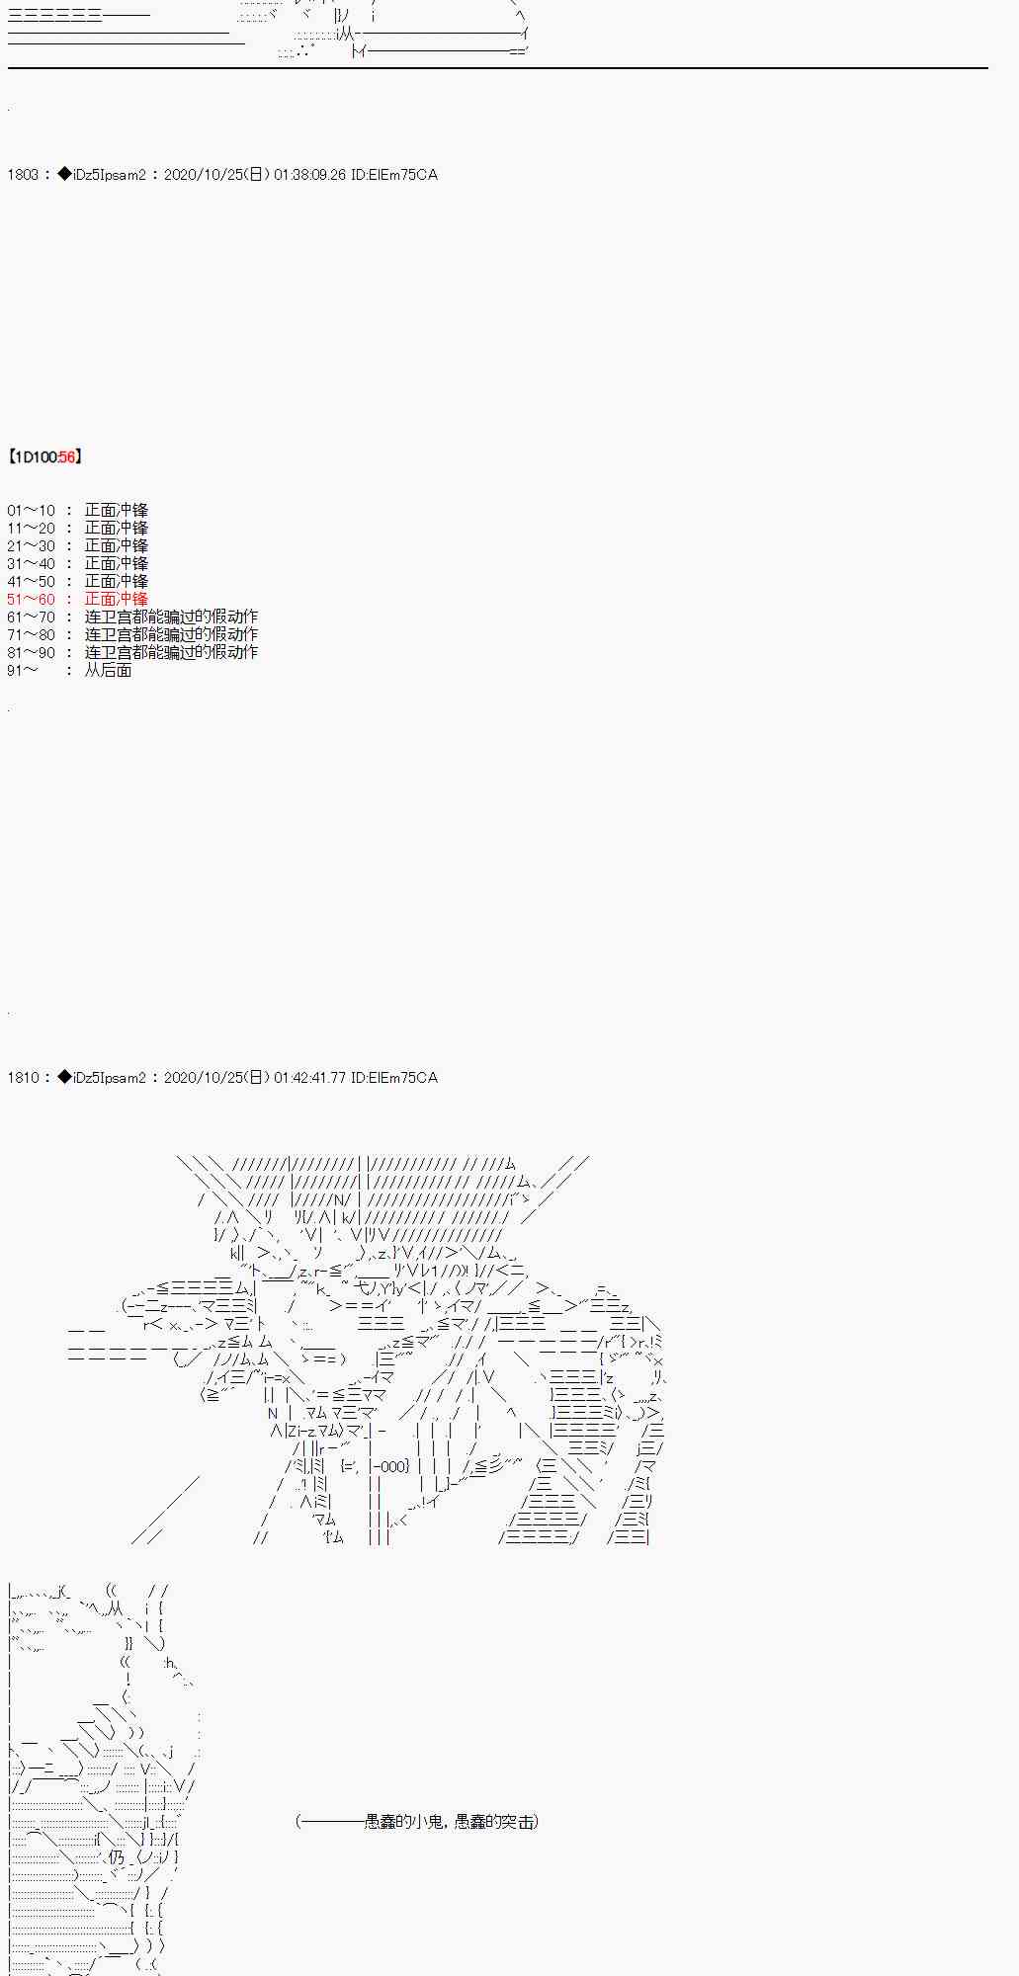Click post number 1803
point(23,175)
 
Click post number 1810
point(23,1078)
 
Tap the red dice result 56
point(67,457)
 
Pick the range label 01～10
point(32,511)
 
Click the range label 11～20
point(32,529)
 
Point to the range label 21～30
point(32,546)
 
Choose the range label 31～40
point(32,564)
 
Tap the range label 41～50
point(32,582)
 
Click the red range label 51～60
point(32,600)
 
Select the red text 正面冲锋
point(116,600)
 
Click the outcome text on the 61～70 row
point(171,617)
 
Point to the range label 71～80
point(32,635)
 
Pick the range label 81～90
point(32,653)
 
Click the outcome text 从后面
point(108,671)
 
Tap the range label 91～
point(23,671)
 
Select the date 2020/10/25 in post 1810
point(202,1078)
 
